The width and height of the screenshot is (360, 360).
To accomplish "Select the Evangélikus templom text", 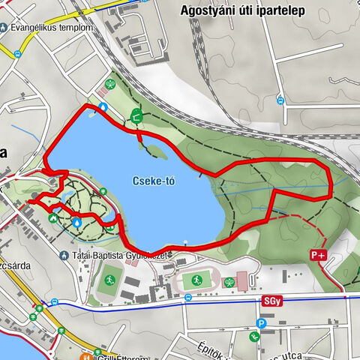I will pyautogui.click(x=52, y=28).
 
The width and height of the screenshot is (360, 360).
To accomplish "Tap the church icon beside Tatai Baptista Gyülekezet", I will pyautogui.click(x=64, y=256).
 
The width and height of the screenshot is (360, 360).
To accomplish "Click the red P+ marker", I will pyautogui.click(x=318, y=255).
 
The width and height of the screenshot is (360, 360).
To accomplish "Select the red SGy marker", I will pyautogui.click(x=271, y=300).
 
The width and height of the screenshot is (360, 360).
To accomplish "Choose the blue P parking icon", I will pyautogui.click(x=260, y=324).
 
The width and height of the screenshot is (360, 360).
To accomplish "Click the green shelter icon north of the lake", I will pyautogui.click(x=136, y=115).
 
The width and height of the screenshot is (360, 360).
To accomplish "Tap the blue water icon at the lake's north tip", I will pyautogui.click(x=103, y=106).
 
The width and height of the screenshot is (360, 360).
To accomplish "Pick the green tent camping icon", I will pyautogui.click(x=53, y=218).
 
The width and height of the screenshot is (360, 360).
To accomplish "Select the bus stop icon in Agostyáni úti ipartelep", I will pyautogui.click(x=280, y=100).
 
